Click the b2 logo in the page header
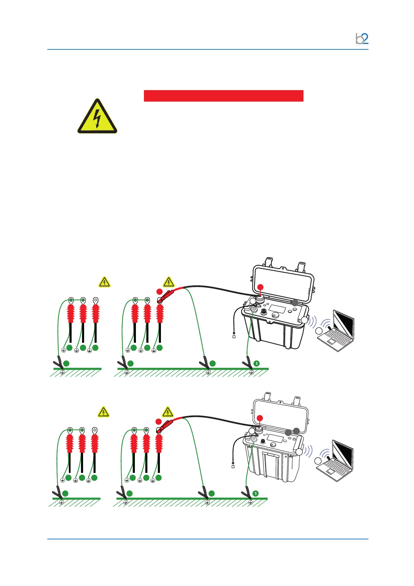click(x=362, y=39)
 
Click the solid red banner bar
click(x=224, y=96)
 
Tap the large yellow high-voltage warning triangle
click(x=97, y=117)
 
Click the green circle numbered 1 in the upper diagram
click(x=257, y=363)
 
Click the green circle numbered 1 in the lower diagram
click(x=255, y=493)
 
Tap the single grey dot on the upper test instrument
click(x=294, y=302)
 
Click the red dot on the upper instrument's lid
click(x=260, y=287)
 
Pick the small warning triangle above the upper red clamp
click(x=169, y=282)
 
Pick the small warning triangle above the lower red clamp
click(x=168, y=412)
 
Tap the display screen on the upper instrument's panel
click(x=277, y=309)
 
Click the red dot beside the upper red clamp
click(x=159, y=291)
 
